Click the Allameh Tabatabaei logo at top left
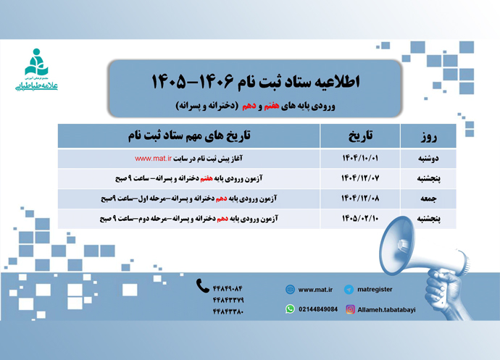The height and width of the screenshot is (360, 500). tap(36, 70)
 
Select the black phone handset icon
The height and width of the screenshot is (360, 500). tap(203, 286)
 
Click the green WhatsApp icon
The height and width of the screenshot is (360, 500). tap(291, 309)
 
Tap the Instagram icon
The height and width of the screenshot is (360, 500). tap(350, 309)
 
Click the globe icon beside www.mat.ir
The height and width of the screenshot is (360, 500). tap(291, 289)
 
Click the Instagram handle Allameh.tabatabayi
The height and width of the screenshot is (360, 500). tap(387, 309)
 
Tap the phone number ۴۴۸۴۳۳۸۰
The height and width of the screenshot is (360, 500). tap(228, 313)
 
